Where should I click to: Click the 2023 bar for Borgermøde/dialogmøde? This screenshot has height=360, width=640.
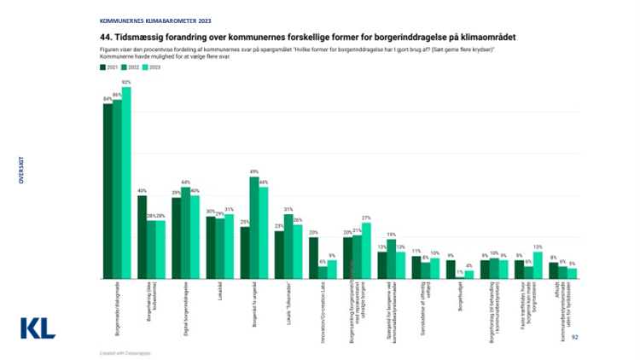point(126,183)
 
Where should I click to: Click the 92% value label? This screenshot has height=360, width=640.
point(126,83)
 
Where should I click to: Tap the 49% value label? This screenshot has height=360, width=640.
point(253,172)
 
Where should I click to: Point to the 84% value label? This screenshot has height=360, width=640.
point(108,99)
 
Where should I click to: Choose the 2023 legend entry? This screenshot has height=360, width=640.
point(151,67)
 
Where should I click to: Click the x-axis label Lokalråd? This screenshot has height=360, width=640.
point(219,292)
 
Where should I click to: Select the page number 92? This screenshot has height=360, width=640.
point(574,337)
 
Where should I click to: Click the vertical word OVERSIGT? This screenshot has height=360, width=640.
point(21,169)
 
